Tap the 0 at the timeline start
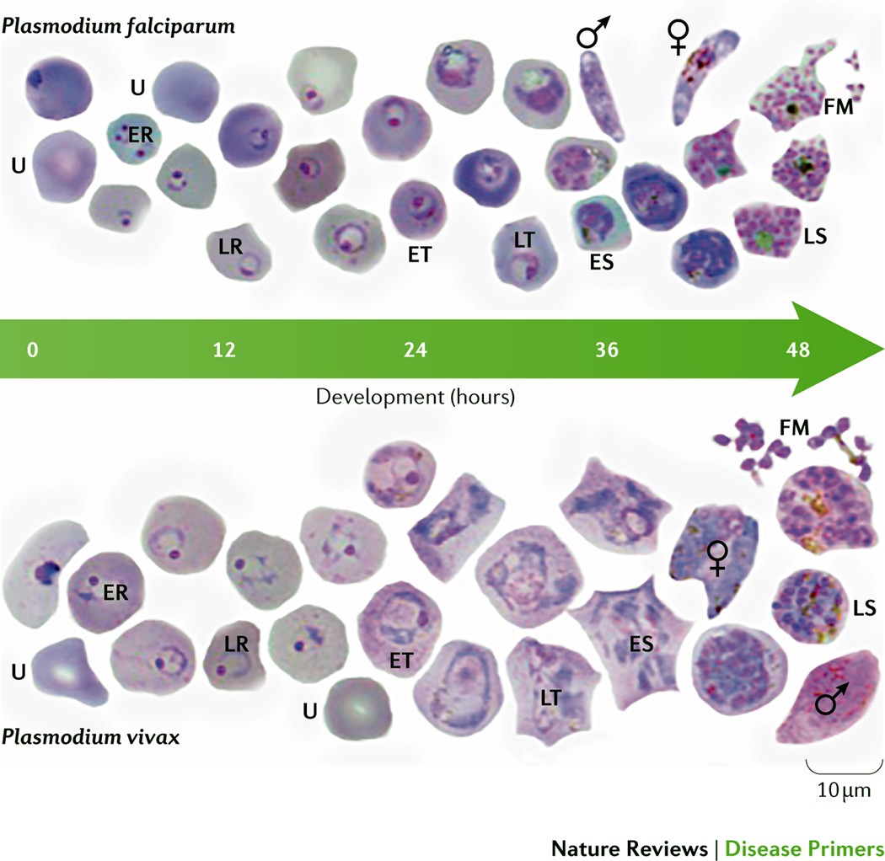pyautogui.click(x=32, y=350)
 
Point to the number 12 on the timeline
pyautogui.click(x=223, y=350)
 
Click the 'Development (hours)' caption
pyautogui.click(x=415, y=396)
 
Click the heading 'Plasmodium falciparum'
pyautogui.click(x=119, y=24)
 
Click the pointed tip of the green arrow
pyautogui.click(x=880, y=350)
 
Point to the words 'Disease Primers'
pyautogui.click(x=804, y=847)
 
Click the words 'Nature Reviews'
pyautogui.click(x=629, y=847)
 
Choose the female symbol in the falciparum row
pyautogui.click(x=678, y=34)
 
